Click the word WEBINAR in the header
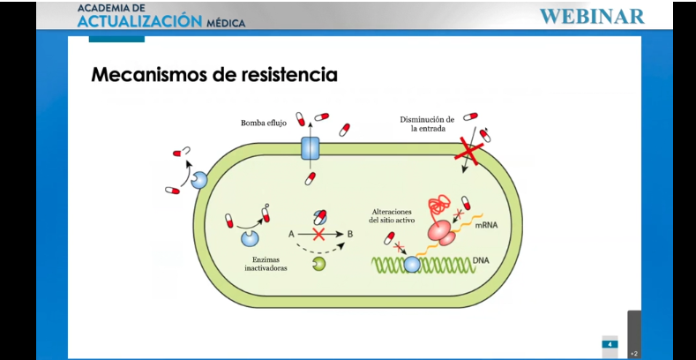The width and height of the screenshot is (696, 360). [x=591, y=16]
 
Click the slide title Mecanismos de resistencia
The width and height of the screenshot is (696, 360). [x=214, y=75]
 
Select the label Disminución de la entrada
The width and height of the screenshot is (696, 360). [x=426, y=124]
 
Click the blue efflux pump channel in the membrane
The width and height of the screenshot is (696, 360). [x=311, y=147]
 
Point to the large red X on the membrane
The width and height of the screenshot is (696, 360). [x=469, y=153]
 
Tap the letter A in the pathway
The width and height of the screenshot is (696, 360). [x=290, y=233]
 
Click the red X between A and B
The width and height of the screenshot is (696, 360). [x=319, y=233]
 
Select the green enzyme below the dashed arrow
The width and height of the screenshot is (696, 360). [x=318, y=263]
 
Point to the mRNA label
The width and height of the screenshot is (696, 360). [x=487, y=226]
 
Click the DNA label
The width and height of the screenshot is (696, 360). [x=482, y=260]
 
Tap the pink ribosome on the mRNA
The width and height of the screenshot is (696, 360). [x=442, y=232]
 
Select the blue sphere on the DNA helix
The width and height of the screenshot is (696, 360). [x=412, y=264]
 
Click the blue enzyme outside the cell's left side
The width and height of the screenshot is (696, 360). [x=199, y=180]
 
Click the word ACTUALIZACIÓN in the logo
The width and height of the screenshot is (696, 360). [x=140, y=21]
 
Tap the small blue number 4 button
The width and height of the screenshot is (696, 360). [x=610, y=343]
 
